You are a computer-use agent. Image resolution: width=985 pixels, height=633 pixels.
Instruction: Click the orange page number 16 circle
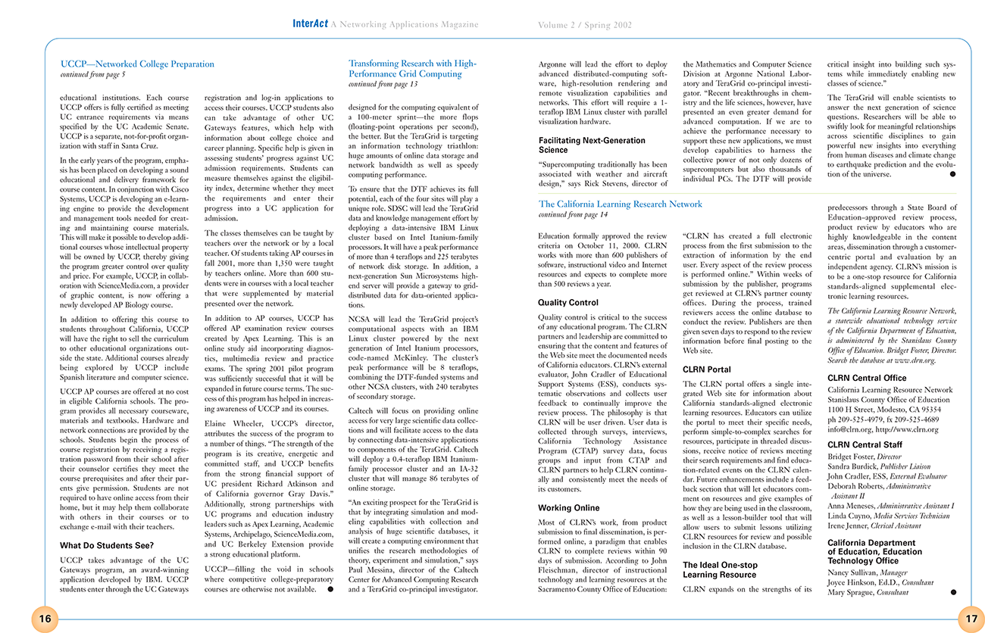(x=45, y=619)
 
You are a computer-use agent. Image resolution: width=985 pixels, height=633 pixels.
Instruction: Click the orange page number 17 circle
(x=970, y=619)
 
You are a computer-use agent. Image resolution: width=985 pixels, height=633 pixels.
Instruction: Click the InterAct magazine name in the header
(x=311, y=24)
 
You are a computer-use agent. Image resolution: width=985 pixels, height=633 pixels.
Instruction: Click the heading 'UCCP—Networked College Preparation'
(x=137, y=64)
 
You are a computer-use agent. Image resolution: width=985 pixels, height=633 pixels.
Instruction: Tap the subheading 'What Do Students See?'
(x=107, y=545)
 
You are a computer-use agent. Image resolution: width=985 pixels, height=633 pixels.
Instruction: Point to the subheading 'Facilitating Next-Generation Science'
(x=592, y=145)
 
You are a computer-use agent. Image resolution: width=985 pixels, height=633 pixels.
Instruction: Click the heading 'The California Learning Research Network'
(x=620, y=204)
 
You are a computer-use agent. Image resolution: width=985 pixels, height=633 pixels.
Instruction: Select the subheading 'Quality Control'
(x=568, y=303)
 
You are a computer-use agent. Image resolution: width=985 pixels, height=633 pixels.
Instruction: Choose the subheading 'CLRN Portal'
(x=706, y=370)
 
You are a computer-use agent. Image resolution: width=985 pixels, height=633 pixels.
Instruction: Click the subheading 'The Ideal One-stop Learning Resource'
(x=720, y=569)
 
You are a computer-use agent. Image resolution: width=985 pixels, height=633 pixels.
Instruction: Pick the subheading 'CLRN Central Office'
(x=867, y=378)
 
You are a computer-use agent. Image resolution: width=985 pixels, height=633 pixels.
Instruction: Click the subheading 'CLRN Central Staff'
(x=865, y=444)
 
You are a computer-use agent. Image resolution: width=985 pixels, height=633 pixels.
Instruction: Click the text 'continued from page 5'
(x=92, y=75)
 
